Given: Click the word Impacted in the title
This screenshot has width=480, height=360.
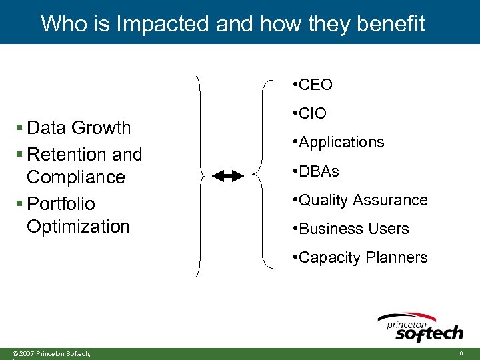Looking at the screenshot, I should (163, 24).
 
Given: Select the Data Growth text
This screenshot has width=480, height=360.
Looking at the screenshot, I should (79, 127).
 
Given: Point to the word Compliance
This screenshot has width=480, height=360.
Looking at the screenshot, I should (76, 177).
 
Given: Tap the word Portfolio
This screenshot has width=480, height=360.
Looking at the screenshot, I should (61, 203).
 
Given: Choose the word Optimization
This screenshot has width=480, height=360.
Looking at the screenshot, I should (78, 227).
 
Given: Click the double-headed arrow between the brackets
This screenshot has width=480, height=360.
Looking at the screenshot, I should (228, 176).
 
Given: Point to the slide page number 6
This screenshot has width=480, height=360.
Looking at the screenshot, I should (461, 353).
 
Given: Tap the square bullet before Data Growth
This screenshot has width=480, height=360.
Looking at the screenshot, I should (20, 127).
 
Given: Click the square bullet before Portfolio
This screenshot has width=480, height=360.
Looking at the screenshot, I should (20, 203).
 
